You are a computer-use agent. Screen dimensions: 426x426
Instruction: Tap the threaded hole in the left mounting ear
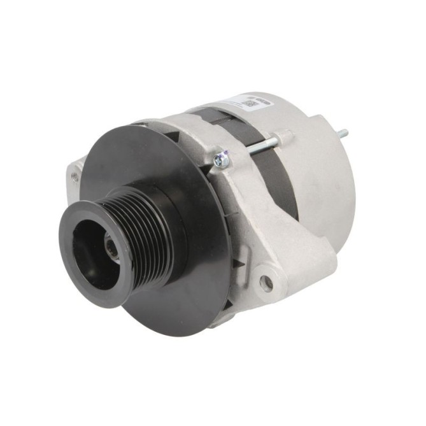75,173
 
